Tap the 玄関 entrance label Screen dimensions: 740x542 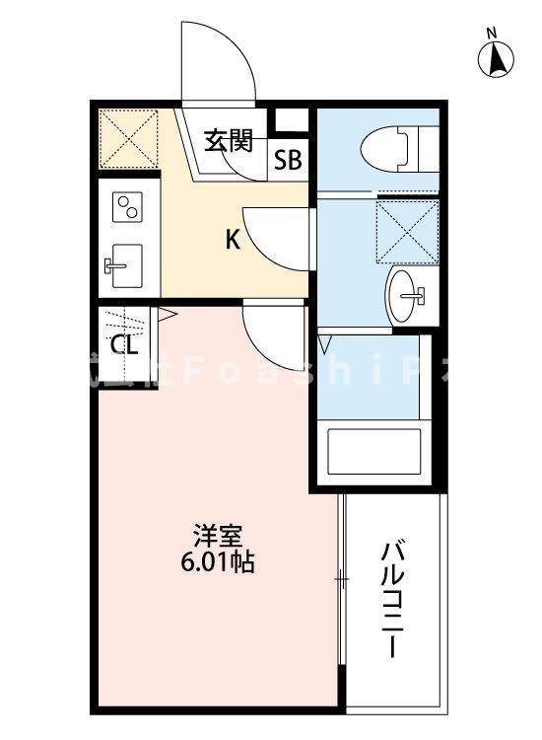229,141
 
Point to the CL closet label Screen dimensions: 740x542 124,344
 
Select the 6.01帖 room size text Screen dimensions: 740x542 220,563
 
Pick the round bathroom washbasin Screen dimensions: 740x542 407,294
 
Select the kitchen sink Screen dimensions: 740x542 124,263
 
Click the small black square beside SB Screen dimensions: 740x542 289,121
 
